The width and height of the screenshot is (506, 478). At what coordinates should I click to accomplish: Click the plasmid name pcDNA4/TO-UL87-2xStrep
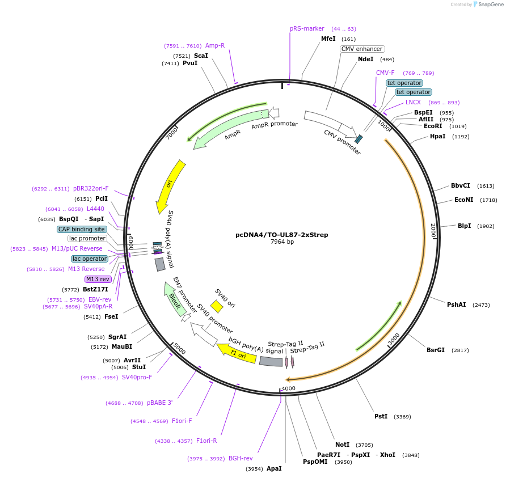[x=281, y=235]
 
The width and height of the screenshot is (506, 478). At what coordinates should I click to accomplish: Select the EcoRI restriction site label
[x=433, y=126]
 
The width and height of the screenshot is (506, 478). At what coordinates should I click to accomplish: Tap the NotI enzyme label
[x=342, y=445]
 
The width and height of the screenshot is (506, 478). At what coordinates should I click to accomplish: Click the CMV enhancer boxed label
[x=362, y=49]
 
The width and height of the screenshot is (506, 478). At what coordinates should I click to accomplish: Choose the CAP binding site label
[x=82, y=230]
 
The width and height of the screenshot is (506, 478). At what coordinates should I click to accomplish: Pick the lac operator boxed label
[x=89, y=259]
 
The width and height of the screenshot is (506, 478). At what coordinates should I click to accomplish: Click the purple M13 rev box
[x=98, y=279]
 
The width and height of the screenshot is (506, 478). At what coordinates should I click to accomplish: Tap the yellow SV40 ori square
[x=216, y=307]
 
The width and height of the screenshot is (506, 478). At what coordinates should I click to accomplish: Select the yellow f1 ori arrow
[x=237, y=352]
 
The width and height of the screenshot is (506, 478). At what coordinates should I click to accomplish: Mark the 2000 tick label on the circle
[x=433, y=230]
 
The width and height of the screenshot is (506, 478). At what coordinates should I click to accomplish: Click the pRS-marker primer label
[x=307, y=28]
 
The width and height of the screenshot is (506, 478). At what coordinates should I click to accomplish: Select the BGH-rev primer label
[x=241, y=458]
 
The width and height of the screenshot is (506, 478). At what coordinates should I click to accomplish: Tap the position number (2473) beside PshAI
[x=482, y=305]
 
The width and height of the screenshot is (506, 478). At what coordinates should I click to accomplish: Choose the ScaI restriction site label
[x=201, y=56]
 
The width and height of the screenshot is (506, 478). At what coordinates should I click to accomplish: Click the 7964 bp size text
[x=281, y=242]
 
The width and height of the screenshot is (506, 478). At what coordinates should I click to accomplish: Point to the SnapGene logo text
[x=488, y=5]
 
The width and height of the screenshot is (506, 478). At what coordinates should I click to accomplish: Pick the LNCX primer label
[x=413, y=102]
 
